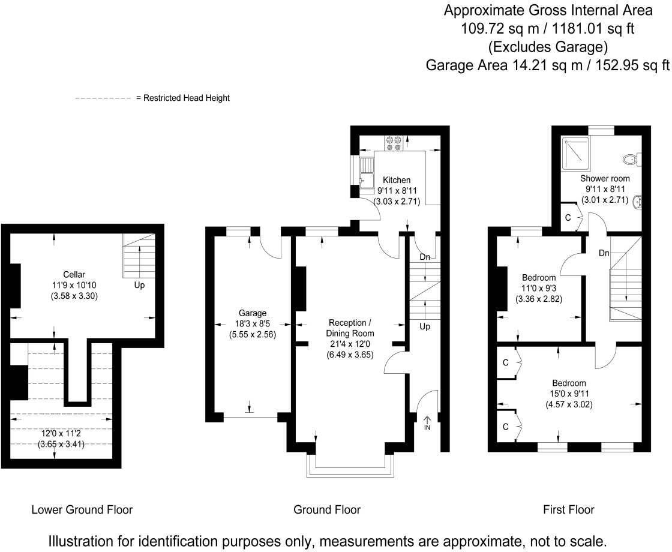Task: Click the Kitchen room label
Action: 397,180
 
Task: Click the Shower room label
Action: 605,179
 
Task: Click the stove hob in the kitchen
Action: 394,143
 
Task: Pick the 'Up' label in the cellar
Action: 139,286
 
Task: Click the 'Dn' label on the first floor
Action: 604,253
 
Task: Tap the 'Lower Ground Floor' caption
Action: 82,510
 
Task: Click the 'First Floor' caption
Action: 568,510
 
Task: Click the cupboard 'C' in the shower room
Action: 568,218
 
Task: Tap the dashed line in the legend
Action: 103,98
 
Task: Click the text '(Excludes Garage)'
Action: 547,46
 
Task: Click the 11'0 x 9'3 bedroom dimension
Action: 539,288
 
